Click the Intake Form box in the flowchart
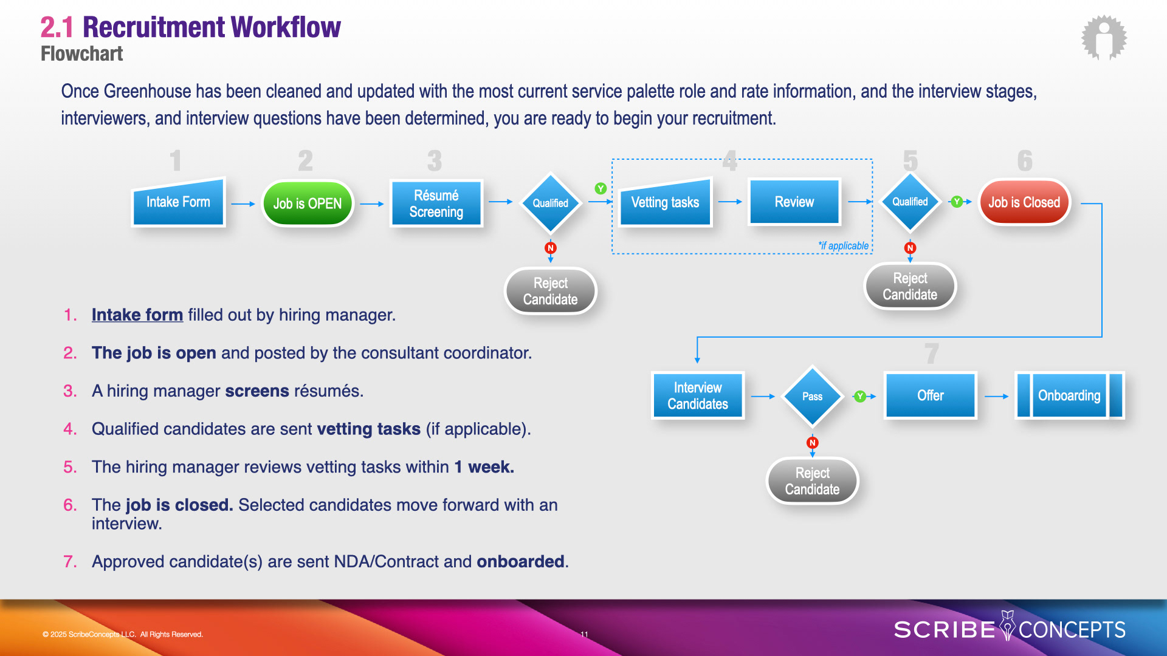pyautogui.click(x=178, y=202)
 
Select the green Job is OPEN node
pyautogui.click(x=308, y=203)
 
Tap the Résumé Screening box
pyautogui.click(x=436, y=203)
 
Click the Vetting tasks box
pyautogui.click(x=665, y=202)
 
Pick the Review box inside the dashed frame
pyautogui.click(x=794, y=202)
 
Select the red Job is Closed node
pyautogui.click(x=1024, y=202)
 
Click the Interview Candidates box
pyautogui.click(x=698, y=396)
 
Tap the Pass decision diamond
pyautogui.click(x=812, y=397)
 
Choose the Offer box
pyautogui.click(x=930, y=396)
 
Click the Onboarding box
pyautogui.click(x=1069, y=396)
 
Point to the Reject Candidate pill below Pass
pyautogui.click(x=812, y=481)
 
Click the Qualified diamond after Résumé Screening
pyautogui.click(x=550, y=203)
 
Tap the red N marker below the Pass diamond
pyautogui.click(x=812, y=443)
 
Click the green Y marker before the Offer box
pyautogui.click(x=859, y=397)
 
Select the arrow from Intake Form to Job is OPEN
pyautogui.click(x=243, y=204)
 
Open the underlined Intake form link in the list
pyautogui.click(x=137, y=315)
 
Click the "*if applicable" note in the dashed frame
pyautogui.click(x=843, y=245)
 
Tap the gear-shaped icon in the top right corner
pyautogui.click(x=1104, y=38)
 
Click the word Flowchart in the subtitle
pyautogui.click(x=81, y=54)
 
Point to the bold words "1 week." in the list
pyautogui.click(x=484, y=467)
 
